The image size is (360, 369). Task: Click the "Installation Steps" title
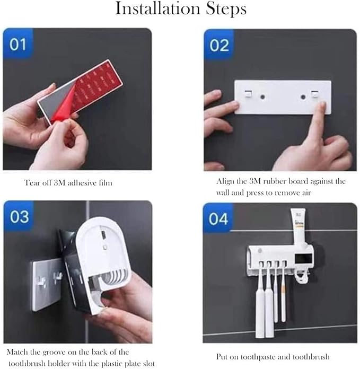(180, 9)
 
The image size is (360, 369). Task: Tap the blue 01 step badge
(17, 44)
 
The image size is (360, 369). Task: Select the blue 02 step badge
(219, 45)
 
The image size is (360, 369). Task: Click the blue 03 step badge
(19, 216)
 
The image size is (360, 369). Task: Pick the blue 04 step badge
(219, 217)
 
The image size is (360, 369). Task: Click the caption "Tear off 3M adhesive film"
(68, 183)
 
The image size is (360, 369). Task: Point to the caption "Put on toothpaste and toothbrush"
(273, 356)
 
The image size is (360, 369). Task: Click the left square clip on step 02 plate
(248, 94)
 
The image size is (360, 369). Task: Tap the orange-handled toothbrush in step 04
(283, 297)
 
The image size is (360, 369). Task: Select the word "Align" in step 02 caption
(225, 181)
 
